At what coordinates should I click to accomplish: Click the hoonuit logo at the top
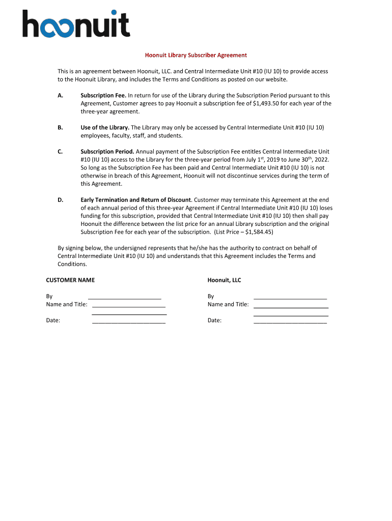(76, 24)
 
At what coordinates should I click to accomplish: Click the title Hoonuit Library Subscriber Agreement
(196, 55)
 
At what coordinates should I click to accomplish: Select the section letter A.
(60, 95)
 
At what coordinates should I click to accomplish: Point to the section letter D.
(60, 200)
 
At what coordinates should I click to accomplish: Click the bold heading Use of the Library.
(105, 128)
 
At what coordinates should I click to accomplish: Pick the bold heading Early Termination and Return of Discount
(135, 200)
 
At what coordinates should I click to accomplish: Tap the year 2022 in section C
(314, 160)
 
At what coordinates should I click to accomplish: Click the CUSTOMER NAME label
(70, 280)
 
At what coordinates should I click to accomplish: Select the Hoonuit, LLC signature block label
(224, 280)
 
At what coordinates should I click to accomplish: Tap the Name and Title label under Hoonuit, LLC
(228, 304)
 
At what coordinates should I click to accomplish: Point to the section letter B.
(60, 128)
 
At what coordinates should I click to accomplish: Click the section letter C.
(60, 152)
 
